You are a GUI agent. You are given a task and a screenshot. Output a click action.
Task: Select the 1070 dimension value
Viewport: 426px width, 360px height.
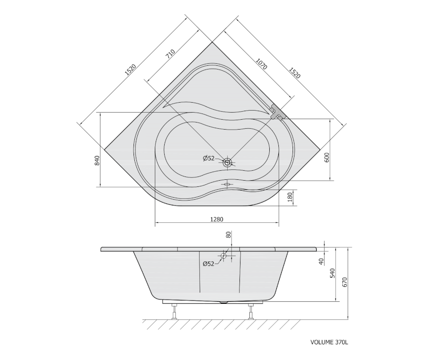point(262,64)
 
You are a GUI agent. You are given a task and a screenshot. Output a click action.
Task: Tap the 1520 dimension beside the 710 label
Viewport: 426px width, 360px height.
point(130,70)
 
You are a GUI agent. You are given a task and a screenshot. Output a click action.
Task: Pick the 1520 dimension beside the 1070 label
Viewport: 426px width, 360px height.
point(294,73)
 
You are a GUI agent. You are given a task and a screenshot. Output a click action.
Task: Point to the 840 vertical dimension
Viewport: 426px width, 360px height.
point(97,161)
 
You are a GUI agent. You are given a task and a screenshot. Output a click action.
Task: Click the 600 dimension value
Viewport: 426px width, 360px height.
point(327,158)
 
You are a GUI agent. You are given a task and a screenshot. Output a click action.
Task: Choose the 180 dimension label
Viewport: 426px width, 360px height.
point(290,197)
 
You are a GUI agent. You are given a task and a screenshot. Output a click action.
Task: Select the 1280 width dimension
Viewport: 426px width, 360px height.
point(216,220)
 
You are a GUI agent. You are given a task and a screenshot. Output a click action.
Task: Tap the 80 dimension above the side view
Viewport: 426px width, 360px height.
point(229,235)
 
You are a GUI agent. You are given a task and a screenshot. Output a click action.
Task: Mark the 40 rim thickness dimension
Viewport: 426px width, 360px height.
point(321,262)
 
